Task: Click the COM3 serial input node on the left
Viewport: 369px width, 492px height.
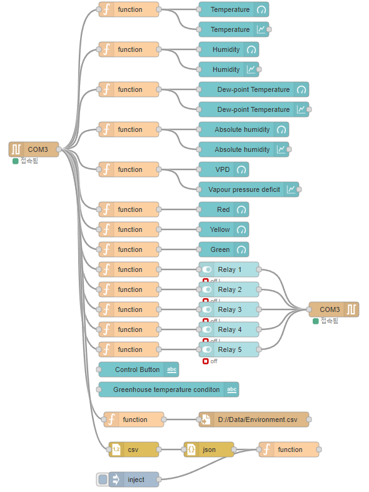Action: [x=34, y=149]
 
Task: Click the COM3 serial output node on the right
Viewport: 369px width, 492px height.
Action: [x=333, y=309]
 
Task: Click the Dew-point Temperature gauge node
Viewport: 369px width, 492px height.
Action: [x=253, y=89]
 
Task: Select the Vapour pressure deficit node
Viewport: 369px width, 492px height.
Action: [x=248, y=189]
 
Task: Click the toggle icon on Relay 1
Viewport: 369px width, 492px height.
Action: [x=207, y=269]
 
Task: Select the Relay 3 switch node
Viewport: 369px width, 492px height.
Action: [x=229, y=309]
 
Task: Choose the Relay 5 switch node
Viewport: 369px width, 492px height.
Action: [x=229, y=349]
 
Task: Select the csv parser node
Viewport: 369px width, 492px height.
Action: [x=133, y=449]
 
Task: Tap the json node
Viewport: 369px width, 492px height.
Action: [x=208, y=449]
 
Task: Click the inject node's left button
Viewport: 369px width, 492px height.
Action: [x=103, y=479]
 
